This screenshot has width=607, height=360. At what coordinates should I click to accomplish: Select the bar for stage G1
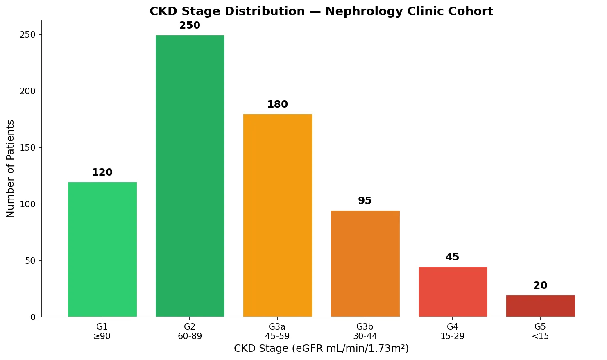(102, 249)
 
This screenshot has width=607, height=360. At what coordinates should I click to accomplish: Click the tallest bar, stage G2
(190, 176)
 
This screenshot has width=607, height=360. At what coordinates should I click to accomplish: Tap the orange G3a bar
(277, 215)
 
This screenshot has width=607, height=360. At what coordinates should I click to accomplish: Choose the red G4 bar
(453, 292)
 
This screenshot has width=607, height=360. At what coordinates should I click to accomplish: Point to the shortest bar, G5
(540, 306)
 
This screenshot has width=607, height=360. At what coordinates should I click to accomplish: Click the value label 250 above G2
(190, 25)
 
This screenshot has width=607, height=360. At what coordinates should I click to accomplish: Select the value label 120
(102, 172)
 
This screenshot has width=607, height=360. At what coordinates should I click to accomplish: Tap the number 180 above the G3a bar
(277, 104)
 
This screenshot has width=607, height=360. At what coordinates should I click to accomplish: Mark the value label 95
(365, 201)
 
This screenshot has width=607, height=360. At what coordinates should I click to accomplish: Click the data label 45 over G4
(452, 257)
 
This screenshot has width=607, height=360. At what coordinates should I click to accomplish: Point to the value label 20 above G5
(540, 285)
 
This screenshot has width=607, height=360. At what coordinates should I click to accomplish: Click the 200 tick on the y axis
(28, 91)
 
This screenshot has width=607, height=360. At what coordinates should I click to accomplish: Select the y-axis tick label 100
(28, 204)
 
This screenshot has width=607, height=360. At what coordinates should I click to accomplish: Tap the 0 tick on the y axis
(33, 317)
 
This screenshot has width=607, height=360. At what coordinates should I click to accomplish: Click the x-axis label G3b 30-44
(365, 331)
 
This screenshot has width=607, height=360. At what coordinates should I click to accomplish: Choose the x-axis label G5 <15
(540, 331)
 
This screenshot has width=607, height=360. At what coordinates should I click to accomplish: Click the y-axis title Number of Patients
(11, 168)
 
